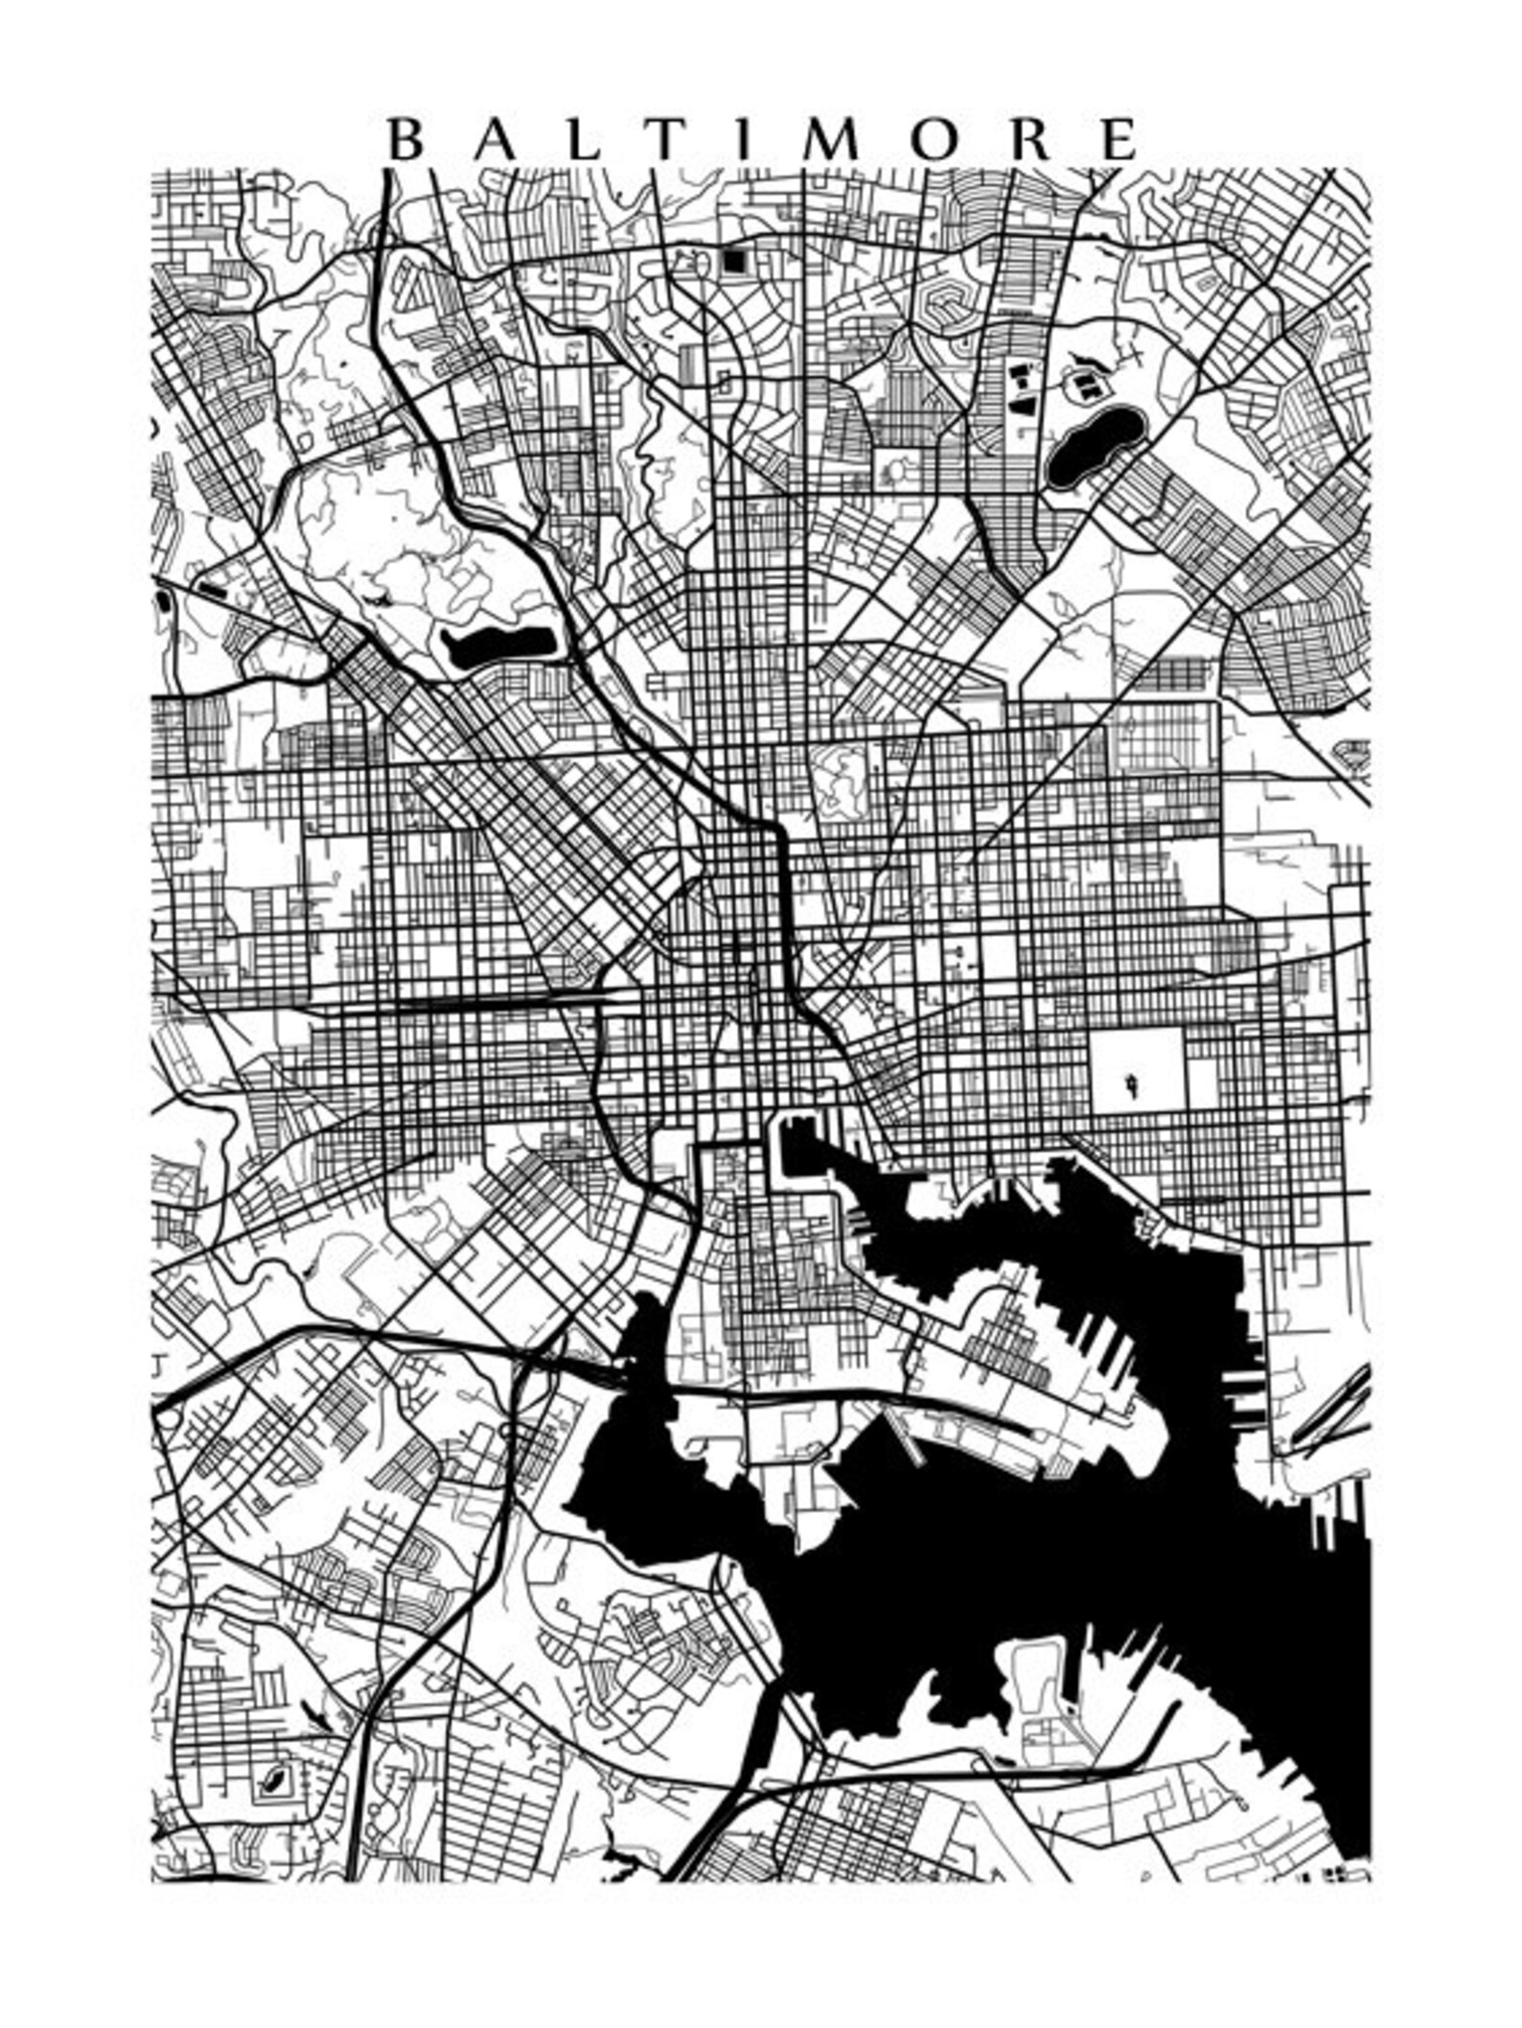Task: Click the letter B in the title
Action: (404, 141)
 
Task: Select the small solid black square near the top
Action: (734, 261)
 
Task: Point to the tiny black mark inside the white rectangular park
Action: (1133, 1084)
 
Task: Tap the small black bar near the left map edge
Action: (212, 588)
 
